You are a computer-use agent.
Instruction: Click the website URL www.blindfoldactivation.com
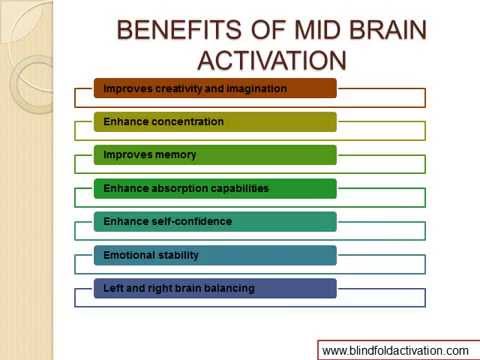click(394, 350)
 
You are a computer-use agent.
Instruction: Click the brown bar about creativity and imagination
click(215, 89)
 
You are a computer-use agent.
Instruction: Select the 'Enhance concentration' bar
click(215, 122)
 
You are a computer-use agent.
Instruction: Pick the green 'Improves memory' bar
click(215, 155)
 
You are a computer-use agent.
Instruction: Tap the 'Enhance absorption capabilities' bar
click(215, 188)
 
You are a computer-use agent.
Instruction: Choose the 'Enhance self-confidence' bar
click(215, 221)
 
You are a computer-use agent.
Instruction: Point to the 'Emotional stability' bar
click(215, 255)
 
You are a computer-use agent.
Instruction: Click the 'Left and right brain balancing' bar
click(215, 288)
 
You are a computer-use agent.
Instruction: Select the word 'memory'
click(175, 155)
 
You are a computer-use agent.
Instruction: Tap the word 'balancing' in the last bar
click(230, 288)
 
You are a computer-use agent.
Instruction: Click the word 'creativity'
click(179, 89)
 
